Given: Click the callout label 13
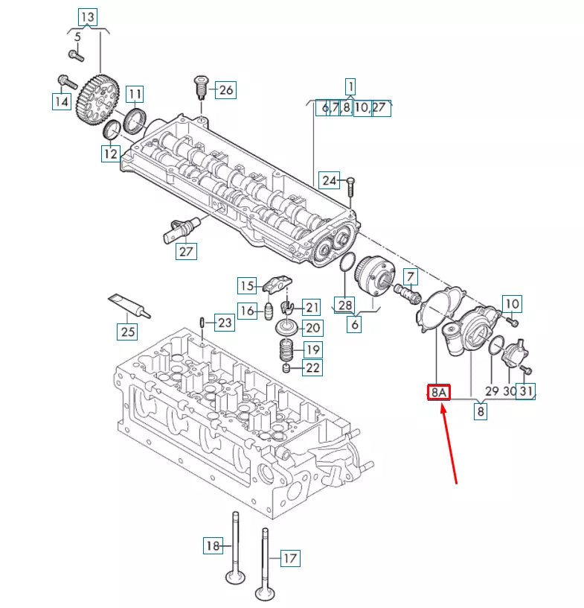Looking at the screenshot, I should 88,16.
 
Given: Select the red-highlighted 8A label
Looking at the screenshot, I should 438,392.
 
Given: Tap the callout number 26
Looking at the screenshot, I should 225,90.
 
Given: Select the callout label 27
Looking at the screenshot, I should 186,251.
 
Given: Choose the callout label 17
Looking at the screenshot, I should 289,557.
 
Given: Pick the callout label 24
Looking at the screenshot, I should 330,180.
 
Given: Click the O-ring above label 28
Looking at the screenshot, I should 345,262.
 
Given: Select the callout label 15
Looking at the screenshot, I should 246,285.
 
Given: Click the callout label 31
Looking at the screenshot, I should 527,391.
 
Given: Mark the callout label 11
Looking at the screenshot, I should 134,94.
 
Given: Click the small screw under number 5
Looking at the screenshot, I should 74,54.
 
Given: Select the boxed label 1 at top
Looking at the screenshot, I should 350,85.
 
